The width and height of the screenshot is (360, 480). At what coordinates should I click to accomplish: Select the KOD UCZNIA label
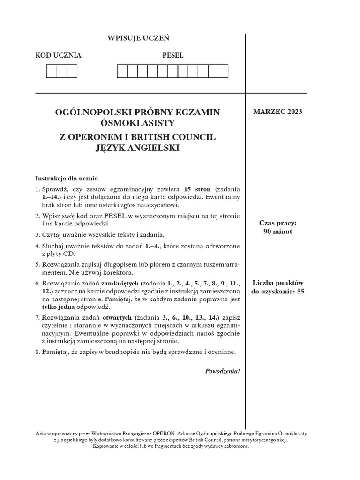point(59,55)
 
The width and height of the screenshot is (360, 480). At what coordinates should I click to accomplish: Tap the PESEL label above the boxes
point(172,55)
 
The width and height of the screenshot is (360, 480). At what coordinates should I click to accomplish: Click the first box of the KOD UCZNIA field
point(51,71)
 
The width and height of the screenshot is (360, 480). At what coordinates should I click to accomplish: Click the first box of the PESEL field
point(122,71)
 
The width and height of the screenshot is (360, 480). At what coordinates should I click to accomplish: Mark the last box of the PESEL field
point(223,71)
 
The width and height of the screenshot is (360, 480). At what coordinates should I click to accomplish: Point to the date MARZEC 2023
point(278,112)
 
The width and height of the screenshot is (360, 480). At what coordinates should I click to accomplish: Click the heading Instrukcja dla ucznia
point(67,179)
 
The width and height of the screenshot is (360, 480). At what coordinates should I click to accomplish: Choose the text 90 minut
point(278,232)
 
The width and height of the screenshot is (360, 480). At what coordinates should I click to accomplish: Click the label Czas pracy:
point(278,223)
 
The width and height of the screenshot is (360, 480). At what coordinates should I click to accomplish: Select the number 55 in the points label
point(300,291)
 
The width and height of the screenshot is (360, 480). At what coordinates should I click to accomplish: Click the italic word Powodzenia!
point(222,371)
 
